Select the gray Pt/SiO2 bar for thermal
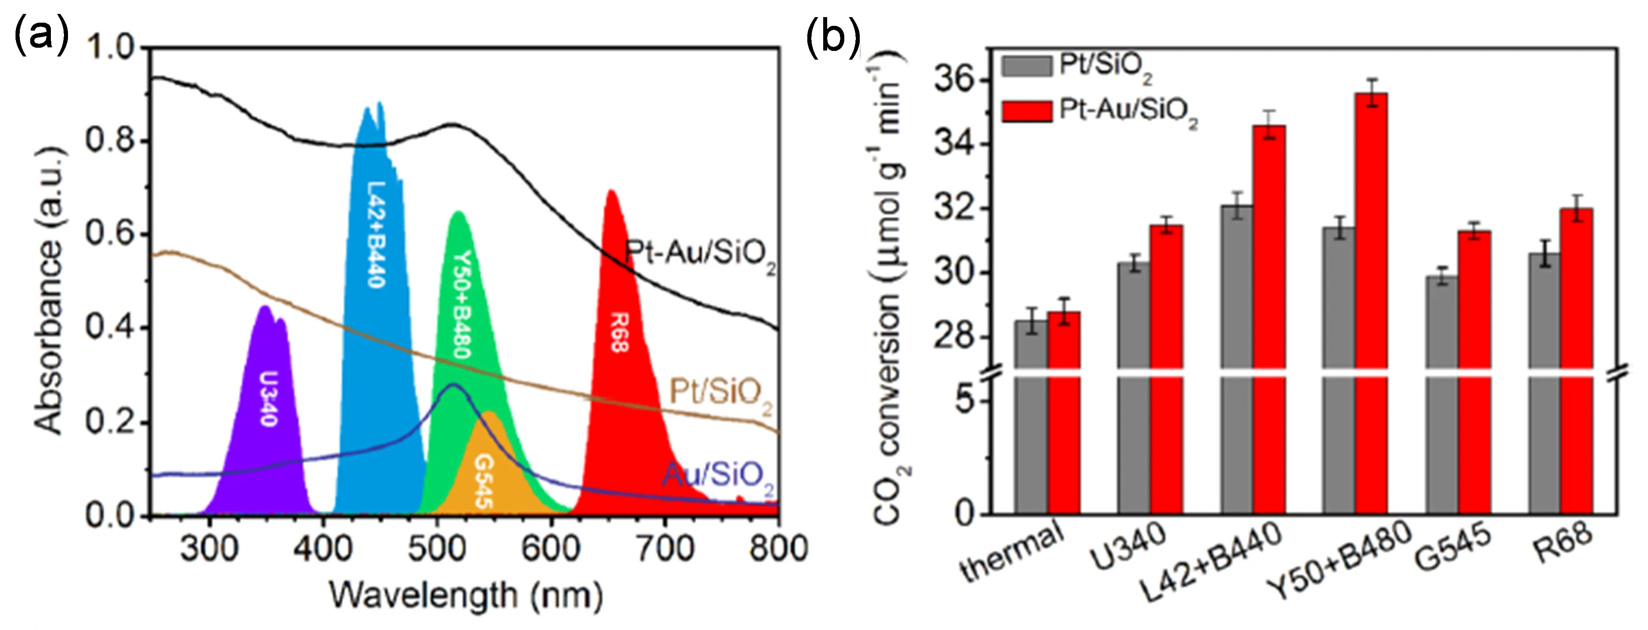(x=1031, y=416)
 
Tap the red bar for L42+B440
(x=1269, y=320)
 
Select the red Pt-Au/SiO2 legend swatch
(x=1027, y=111)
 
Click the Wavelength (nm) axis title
(x=466, y=595)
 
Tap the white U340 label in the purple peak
(x=269, y=398)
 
